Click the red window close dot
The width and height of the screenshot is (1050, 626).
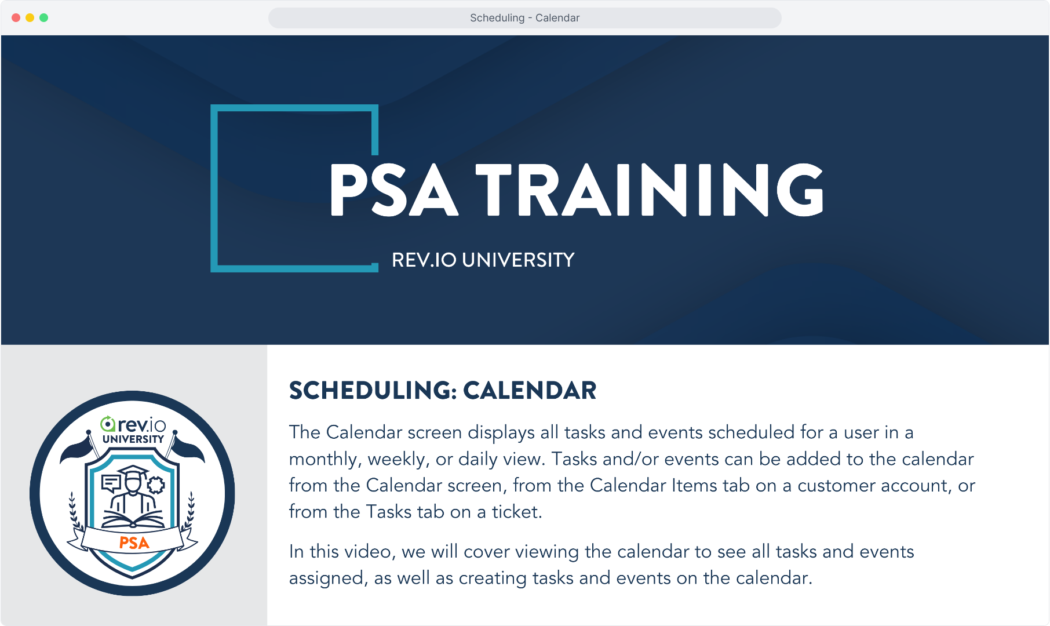click(16, 18)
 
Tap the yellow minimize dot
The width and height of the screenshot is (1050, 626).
click(30, 18)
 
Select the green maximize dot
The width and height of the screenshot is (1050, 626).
click(43, 18)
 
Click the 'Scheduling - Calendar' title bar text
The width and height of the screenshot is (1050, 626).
click(524, 18)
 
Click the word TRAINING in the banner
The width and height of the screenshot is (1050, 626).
click(650, 190)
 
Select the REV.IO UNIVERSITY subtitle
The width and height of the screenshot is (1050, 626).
click(483, 260)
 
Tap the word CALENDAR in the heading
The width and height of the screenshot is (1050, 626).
click(530, 391)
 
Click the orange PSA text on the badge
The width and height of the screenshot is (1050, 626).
click(134, 543)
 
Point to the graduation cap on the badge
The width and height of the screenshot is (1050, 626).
click(133, 472)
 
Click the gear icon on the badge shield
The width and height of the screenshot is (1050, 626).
click(156, 485)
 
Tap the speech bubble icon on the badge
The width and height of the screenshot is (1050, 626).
click(111, 483)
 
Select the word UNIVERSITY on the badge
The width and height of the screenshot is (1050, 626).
click(133, 439)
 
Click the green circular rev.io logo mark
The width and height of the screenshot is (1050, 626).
click(108, 424)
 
